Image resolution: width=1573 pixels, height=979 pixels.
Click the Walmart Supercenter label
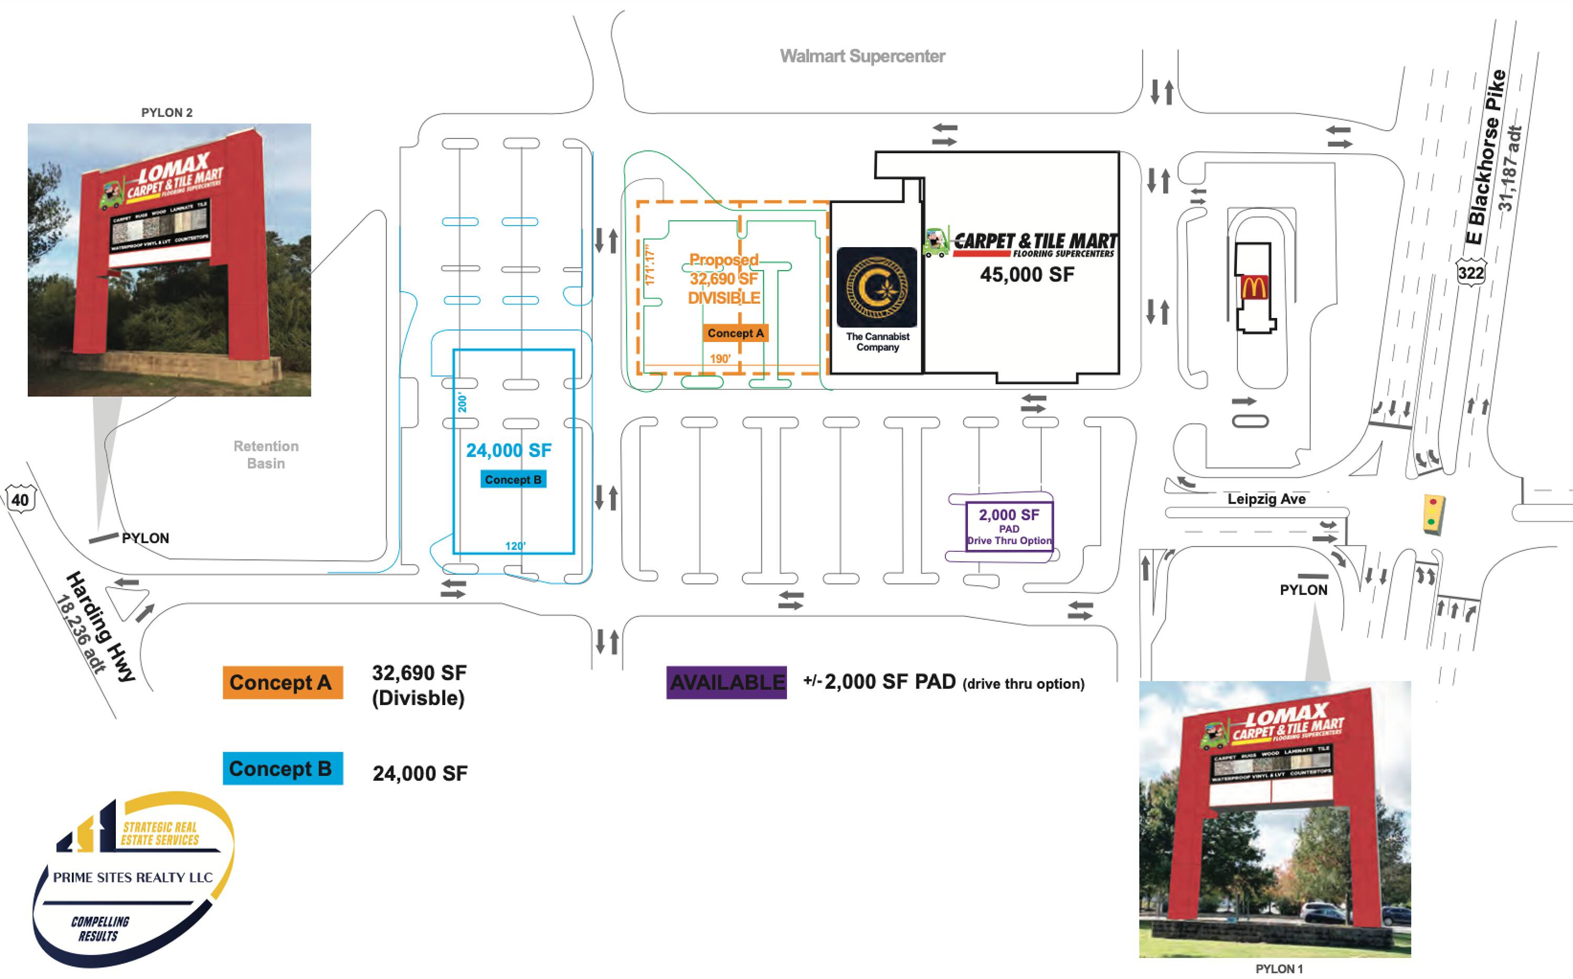pos(862,56)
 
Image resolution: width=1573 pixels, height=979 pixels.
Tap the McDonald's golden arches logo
pos(1254,286)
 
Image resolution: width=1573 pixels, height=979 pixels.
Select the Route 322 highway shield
pos(1470,273)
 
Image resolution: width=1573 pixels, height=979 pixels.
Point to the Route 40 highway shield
pos(20,499)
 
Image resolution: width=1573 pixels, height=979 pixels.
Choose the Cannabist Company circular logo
pos(877,287)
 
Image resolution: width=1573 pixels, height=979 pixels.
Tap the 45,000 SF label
pos(1026,274)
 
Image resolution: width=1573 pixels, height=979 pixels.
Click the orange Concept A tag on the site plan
pos(735,334)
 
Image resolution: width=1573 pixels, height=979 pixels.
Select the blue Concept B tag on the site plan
pos(513,480)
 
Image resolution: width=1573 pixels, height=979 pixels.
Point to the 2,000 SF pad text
pos(1009,515)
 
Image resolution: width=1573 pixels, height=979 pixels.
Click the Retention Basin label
pos(266,454)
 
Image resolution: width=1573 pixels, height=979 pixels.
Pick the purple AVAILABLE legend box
pos(727,683)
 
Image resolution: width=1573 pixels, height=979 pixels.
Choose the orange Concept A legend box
pos(283,683)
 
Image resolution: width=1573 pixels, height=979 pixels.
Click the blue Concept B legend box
pos(283,769)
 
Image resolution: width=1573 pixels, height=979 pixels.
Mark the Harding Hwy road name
pos(100,625)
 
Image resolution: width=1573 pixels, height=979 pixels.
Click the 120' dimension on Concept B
pos(515,546)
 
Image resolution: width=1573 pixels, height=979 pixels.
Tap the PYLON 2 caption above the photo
pos(167,113)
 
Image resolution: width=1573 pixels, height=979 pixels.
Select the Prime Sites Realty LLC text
pos(133,877)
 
